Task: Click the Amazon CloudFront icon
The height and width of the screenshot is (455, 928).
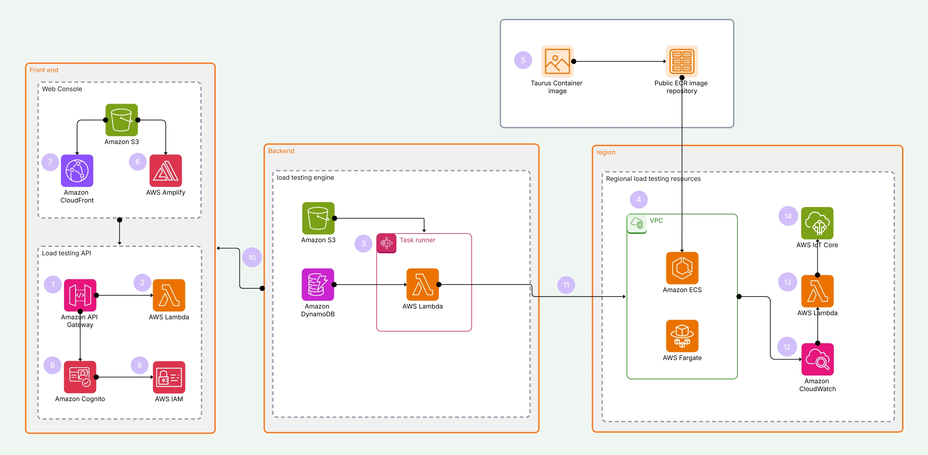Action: tap(77, 171)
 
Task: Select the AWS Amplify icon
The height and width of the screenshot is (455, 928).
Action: tap(165, 171)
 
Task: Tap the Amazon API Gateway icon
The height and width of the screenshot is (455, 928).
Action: tap(80, 295)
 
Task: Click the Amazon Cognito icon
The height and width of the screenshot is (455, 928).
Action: tap(80, 377)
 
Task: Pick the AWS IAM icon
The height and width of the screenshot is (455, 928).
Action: tap(169, 377)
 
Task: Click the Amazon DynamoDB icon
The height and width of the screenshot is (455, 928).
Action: tap(318, 284)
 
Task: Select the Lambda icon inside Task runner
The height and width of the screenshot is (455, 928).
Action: tap(422, 284)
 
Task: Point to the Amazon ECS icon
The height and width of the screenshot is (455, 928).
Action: tap(682, 268)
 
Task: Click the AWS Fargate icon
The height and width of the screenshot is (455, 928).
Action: tap(682, 336)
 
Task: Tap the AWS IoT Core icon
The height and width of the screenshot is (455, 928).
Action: tap(817, 223)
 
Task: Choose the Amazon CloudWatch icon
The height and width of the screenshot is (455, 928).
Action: tap(817, 359)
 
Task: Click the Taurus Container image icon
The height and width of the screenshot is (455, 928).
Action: tap(557, 61)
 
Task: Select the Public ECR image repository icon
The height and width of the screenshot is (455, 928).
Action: tap(682, 61)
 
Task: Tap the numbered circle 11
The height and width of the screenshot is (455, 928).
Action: tap(566, 285)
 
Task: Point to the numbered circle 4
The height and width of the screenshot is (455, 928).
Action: tap(638, 199)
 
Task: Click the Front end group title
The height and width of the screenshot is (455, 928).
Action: tap(43, 70)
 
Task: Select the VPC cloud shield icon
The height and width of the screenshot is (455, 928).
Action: tap(636, 223)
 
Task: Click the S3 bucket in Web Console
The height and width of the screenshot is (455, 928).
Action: tap(122, 120)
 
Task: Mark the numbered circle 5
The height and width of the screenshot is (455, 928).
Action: tap(523, 60)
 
